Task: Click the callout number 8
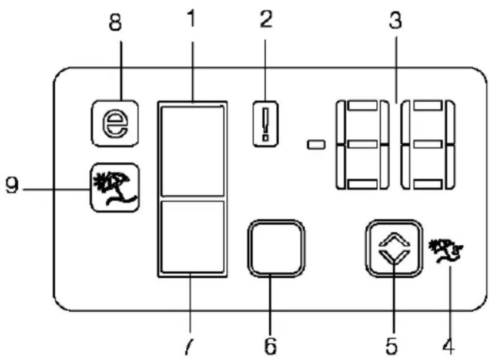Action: coord(115,23)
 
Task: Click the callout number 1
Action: coord(192,19)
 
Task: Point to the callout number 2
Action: coord(266,19)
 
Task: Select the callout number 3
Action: coord(396,21)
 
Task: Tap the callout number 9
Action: coord(12,185)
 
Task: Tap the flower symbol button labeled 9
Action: coord(115,188)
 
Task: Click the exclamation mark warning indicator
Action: coord(266,124)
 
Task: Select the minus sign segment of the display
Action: coord(316,145)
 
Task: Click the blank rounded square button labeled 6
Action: coord(276,248)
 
